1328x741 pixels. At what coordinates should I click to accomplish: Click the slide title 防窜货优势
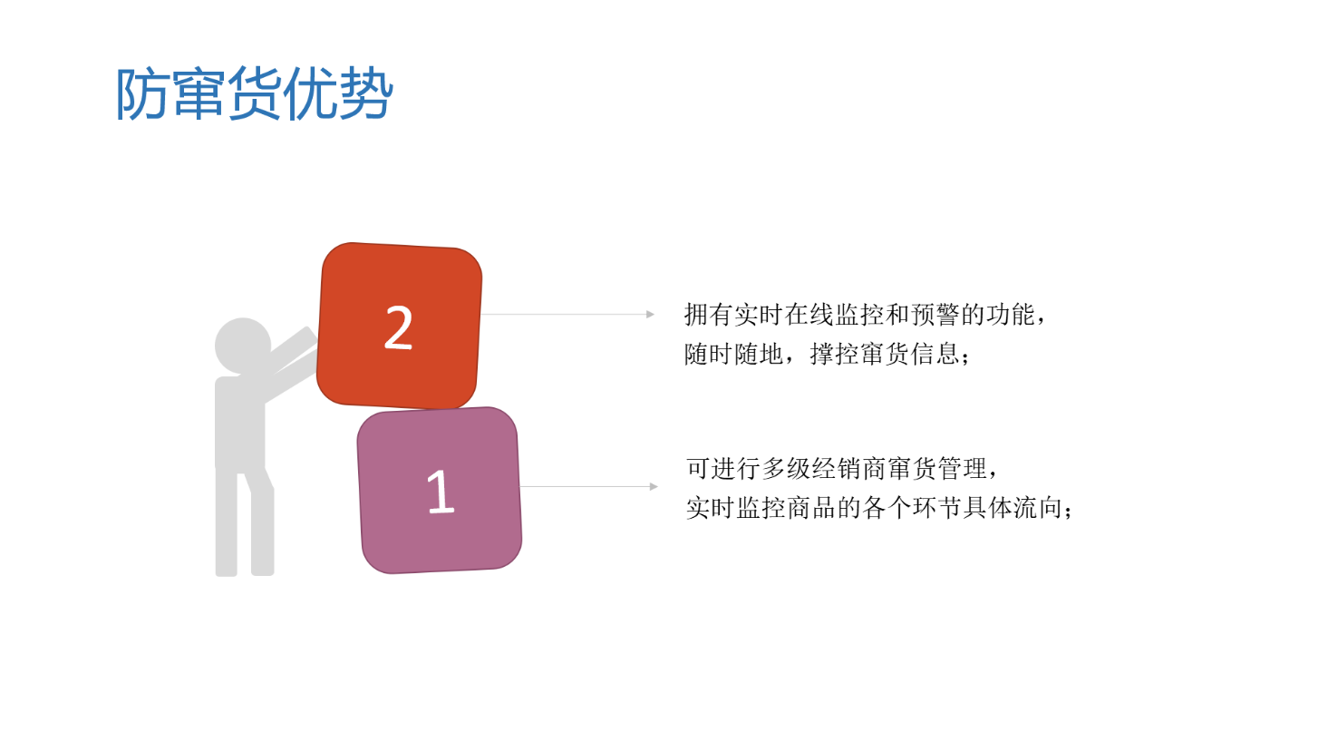tap(255, 93)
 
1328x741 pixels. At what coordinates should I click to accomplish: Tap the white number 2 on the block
tap(399, 327)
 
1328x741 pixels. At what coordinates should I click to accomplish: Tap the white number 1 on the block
tap(441, 491)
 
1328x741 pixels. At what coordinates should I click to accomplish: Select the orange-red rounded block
tap(399, 326)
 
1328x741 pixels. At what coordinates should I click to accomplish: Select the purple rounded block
tap(440, 490)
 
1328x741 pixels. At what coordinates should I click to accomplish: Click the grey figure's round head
tap(242, 346)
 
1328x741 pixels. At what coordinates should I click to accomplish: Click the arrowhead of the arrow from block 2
tap(650, 315)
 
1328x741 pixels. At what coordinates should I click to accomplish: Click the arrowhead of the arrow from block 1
tap(654, 486)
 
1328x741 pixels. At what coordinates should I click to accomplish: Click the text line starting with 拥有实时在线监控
tap(865, 315)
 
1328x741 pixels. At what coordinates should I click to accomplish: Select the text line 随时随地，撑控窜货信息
tap(827, 355)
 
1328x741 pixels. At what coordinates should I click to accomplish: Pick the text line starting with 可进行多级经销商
tap(842, 469)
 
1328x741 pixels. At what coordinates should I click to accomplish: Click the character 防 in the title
tap(141, 93)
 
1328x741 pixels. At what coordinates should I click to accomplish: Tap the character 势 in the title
tap(366, 93)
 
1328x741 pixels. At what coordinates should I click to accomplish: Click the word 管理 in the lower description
tap(963, 469)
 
